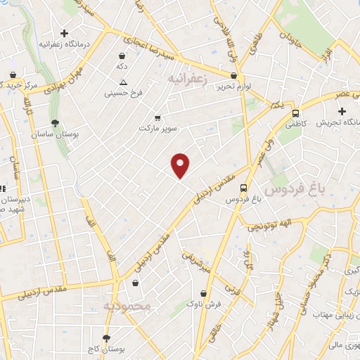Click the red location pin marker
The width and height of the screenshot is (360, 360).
pos(181,165)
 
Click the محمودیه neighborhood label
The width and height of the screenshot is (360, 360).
pos(127,307)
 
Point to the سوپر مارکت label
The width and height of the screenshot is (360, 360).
pos(155,129)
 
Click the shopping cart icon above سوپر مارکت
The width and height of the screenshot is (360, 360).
pos(157,118)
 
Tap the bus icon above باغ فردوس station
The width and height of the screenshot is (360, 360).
pos(243,188)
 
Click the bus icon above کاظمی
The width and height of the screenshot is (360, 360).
pos(295,112)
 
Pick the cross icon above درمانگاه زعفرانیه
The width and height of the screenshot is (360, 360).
pos(64,33)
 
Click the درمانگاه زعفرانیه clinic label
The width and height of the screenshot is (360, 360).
pos(58,44)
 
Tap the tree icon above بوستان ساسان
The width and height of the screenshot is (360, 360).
pos(55,123)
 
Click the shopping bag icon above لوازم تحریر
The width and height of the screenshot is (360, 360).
pos(234,75)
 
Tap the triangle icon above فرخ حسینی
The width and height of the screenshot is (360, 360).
pos(123,82)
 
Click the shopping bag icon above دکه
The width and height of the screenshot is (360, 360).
pos(123,55)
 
